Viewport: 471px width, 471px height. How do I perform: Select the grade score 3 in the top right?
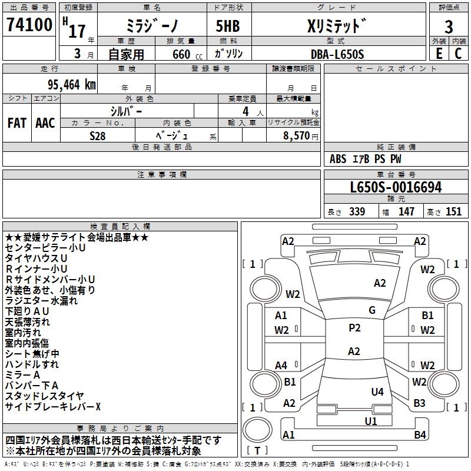[449, 27]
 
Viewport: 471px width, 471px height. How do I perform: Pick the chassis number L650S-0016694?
[396, 188]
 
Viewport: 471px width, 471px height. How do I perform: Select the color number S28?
[98, 135]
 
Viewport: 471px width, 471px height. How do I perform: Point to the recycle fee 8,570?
[296, 135]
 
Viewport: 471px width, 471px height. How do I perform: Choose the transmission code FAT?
[16, 122]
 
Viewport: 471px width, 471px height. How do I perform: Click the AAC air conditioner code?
[45, 122]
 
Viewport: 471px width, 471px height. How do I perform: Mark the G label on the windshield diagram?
[372, 310]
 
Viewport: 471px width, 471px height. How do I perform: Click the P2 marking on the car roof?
[354, 328]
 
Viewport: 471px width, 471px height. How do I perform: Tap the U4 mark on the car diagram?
[377, 392]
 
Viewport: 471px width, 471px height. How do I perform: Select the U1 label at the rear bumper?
[370, 421]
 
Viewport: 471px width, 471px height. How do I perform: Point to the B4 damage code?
[419, 435]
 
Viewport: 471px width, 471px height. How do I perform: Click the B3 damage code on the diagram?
[419, 403]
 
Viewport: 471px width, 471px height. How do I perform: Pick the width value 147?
[406, 212]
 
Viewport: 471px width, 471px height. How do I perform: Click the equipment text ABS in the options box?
[338, 159]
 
